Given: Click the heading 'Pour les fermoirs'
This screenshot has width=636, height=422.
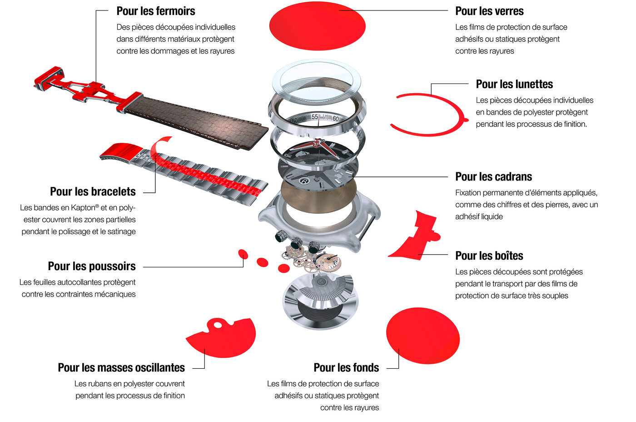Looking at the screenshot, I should click(155, 11).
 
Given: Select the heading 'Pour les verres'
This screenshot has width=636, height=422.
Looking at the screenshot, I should click(489, 11).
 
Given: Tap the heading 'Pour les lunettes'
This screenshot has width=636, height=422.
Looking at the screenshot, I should click(514, 84).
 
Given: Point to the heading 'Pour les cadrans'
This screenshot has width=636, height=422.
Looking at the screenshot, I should click(493, 176).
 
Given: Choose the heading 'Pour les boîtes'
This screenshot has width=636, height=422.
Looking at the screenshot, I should click(489, 256).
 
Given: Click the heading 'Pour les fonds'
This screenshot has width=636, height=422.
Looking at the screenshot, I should click(346, 367).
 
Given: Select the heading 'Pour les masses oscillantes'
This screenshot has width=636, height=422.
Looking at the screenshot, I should click(121, 367).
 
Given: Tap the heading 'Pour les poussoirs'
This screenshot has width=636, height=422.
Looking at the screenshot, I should click(91, 266).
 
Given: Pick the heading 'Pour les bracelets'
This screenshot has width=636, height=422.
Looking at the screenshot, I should click(92, 191).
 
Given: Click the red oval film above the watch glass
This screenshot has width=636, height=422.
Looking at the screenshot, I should click(317, 26).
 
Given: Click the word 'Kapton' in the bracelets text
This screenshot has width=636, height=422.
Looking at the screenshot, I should click(83, 208).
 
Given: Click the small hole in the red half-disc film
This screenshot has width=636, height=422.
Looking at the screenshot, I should click(219, 325).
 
